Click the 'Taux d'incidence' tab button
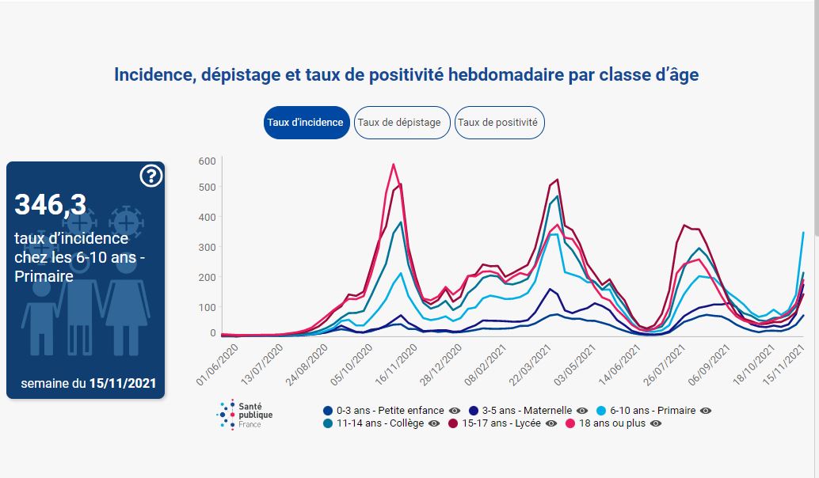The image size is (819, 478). [x=306, y=123]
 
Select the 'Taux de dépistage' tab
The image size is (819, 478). [x=402, y=123]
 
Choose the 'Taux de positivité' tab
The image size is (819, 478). [x=499, y=123]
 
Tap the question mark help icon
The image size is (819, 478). [x=150, y=176]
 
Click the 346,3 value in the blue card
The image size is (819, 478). [x=51, y=204]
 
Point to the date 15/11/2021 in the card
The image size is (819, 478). [x=122, y=384]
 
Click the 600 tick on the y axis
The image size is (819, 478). [x=207, y=161]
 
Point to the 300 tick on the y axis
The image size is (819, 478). [x=207, y=248]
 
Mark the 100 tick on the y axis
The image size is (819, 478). [x=207, y=307]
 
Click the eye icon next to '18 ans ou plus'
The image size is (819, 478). [x=655, y=423]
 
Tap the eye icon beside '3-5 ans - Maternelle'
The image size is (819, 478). [x=582, y=411]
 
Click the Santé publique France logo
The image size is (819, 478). [x=242, y=414]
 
